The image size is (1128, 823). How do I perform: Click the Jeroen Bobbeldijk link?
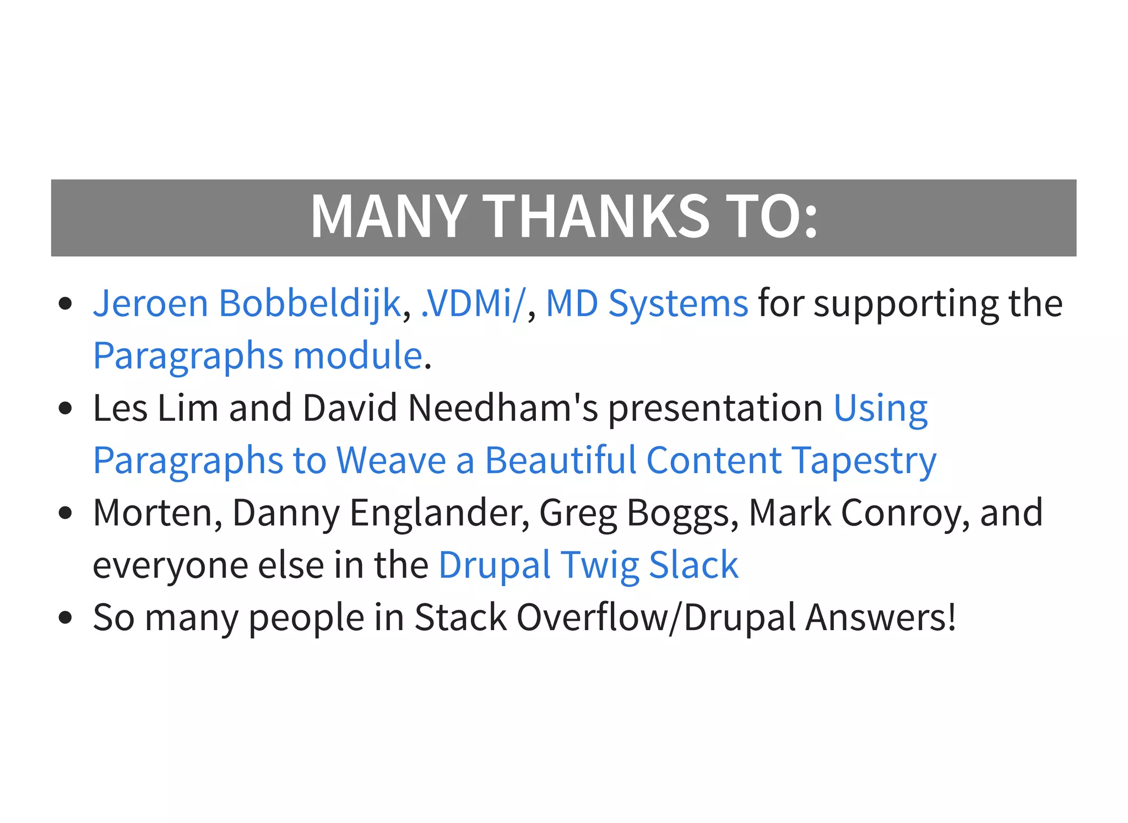pos(247,304)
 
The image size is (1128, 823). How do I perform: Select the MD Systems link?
pos(647,304)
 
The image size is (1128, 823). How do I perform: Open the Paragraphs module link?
pos(258,356)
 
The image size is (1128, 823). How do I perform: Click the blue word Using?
pos(880,408)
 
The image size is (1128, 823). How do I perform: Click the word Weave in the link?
pos(391,461)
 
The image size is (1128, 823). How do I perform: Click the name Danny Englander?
pos(381,513)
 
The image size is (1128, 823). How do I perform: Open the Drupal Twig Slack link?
pos(588,565)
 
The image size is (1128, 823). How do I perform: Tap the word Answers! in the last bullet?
pos(881,617)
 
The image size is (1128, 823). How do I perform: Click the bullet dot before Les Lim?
pos(66,408)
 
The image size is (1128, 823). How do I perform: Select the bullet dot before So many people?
pos(66,618)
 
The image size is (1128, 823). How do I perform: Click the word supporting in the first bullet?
pos(906,304)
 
